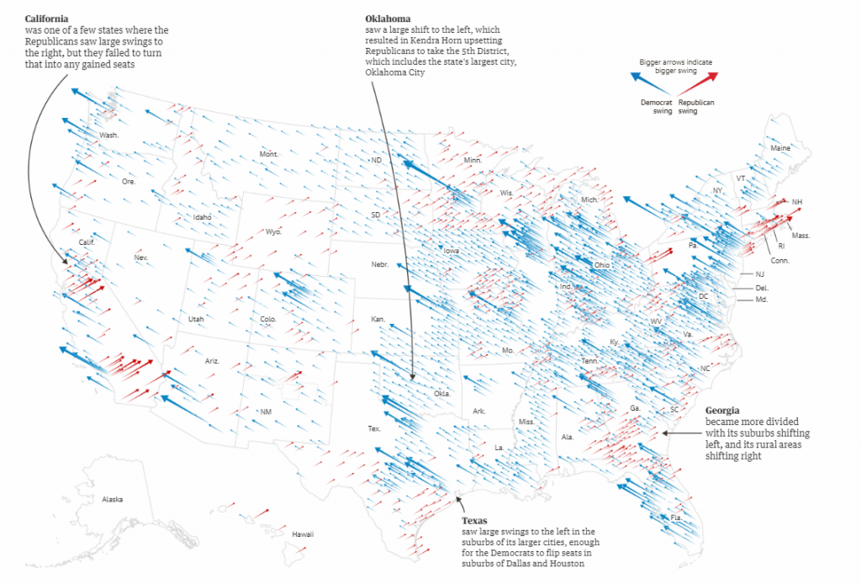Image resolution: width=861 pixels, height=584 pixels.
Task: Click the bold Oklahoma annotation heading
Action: (x=388, y=19)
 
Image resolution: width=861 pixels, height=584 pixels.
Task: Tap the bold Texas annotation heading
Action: (x=475, y=521)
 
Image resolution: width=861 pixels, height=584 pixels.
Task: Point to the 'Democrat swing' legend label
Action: (x=656, y=106)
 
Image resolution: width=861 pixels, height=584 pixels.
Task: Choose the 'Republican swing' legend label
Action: (x=696, y=106)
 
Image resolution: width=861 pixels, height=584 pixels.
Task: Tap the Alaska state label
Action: (x=113, y=499)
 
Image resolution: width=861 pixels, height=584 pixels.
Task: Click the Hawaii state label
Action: (x=303, y=534)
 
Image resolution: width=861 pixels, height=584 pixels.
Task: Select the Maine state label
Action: (x=780, y=148)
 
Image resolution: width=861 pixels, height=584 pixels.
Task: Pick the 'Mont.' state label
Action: (x=269, y=154)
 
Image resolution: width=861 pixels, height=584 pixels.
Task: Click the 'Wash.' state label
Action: (x=109, y=135)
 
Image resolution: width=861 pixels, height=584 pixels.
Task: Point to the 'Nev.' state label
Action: (x=140, y=257)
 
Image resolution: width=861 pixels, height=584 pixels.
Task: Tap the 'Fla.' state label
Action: (x=676, y=517)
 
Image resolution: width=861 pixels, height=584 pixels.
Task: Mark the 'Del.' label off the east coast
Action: (x=762, y=288)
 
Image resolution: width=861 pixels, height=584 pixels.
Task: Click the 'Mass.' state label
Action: (x=800, y=236)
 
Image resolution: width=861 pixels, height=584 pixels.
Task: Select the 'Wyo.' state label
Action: (x=273, y=231)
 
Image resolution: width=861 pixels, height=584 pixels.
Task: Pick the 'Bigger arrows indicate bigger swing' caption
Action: (x=676, y=66)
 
